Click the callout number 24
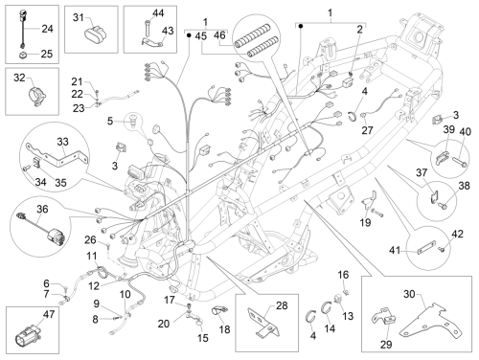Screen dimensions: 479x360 pyautogui.click(x=47, y=29)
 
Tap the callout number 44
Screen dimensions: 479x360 pyautogui.click(x=158, y=13)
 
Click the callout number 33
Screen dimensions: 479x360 pyautogui.click(x=63, y=142)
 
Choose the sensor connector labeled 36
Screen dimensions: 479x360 pyautogui.click(x=40, y=227)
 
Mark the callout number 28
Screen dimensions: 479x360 pyautogui.click(x=282, y=305)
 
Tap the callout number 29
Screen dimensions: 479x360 pyautogui.click(x=386, y=345)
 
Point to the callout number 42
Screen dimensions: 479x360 pyautogui.click(x=458, y=234)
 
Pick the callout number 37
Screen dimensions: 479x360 pyautogui.click(x=422, y=173)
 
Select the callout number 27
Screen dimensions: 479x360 pyautogui.click(x=367, y=130)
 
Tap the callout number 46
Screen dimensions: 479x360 pyautogui.click(x=219, y=35)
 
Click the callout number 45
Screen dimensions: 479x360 pyautogui.click(x=201, y=36)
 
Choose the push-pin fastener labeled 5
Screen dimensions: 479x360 pyautogui.click(x=133, y=120)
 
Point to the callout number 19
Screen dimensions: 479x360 pyautogui.click(x=365, y=223)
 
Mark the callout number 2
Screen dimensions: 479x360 pyautogui.click(x=360, y=30)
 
